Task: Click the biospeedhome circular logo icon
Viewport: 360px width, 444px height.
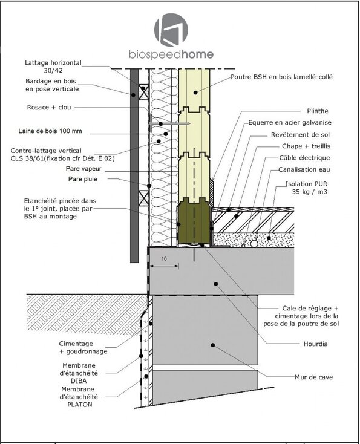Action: [x=171, y=30]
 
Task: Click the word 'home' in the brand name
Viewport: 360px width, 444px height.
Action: [x=197, y=54]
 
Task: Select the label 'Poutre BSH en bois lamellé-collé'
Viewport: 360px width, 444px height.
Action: [x=281, y=77]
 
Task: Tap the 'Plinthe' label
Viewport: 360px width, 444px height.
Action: [x=318, y=111]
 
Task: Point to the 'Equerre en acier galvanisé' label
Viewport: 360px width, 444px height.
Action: [x=290, y=123]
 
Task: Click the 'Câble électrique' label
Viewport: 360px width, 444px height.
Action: [x=304, y=158]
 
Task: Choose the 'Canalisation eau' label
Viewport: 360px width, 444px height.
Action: [x=304, y=169]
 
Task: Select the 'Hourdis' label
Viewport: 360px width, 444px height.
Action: [x=315, y=344]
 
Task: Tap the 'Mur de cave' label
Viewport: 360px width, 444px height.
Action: [x=314, y=377]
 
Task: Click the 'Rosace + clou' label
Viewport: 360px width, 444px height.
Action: [x=49, y=107]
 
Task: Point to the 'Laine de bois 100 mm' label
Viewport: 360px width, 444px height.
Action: [x=50, y=131]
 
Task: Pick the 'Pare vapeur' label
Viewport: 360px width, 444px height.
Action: [x=83, y=169]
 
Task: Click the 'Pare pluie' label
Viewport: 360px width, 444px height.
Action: [x=83, y=179]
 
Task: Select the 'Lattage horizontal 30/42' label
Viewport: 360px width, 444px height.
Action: [x=53, y=67]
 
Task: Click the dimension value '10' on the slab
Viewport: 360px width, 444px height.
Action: [x=164, y=259]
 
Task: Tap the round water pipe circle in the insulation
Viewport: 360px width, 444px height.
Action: [x=254, y=244]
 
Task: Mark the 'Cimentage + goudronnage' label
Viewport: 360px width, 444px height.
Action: [x=83, y=347]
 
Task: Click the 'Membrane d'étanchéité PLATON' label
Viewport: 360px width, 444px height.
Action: [x=80, y=397]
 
